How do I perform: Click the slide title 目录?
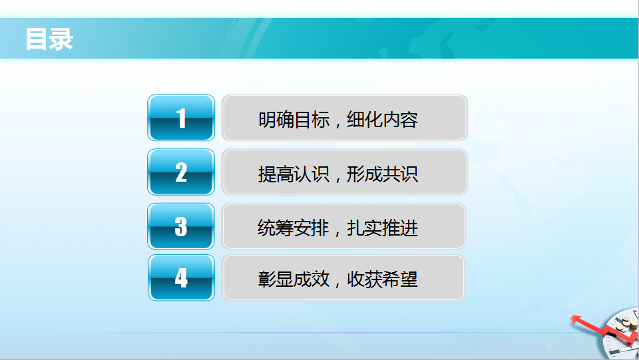[49, 39]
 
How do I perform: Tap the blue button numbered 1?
[181, 118]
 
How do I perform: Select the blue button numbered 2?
[181, 172]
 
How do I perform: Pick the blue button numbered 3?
[181, 226]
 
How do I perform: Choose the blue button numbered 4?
[181, 277]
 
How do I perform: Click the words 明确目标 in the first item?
[294, 120]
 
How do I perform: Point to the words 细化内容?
[382, 120]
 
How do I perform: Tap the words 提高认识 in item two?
[294, 174]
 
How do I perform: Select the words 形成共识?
[382, 174]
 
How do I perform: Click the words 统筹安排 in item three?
[294, 228]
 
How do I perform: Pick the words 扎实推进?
[382, 228]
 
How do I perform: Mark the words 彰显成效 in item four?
[294, 279]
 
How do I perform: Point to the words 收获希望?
[382, 279]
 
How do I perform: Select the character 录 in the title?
[61, 39]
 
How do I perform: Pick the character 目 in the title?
[37, 39]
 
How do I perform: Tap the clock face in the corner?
[622, 335]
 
